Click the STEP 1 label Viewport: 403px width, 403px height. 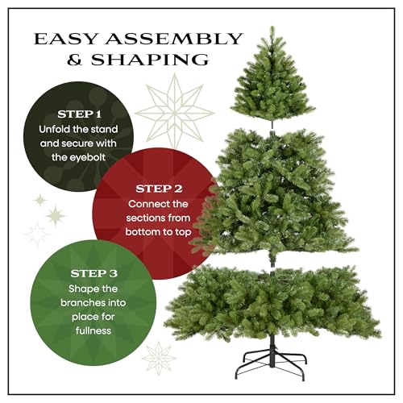80,114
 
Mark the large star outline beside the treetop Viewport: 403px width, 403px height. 176,111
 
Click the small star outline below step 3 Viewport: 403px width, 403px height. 158,355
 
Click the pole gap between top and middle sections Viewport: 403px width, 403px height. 273,123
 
